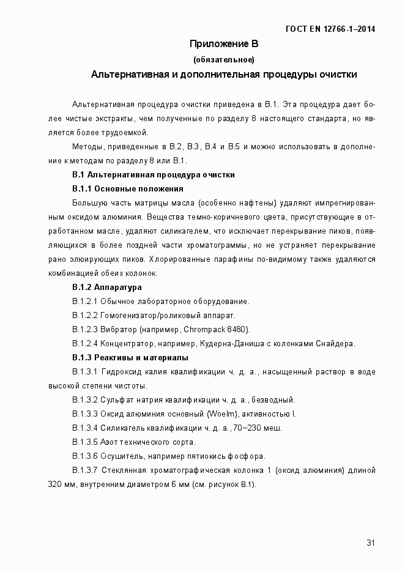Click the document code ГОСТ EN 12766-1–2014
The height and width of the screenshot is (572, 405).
[x=330, y=29]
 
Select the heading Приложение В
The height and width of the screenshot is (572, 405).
[x=224, y=44]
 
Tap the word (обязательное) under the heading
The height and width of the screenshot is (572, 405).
[x=223, y=59]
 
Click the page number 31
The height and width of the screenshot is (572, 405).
[x=371, y=543]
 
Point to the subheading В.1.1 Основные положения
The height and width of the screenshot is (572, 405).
[x=128, y=188]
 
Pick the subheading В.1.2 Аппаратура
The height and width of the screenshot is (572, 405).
[x=107, y=287]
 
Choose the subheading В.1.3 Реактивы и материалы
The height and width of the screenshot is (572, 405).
[x=130, y=357]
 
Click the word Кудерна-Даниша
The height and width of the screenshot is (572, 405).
[x=234, y=343]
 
